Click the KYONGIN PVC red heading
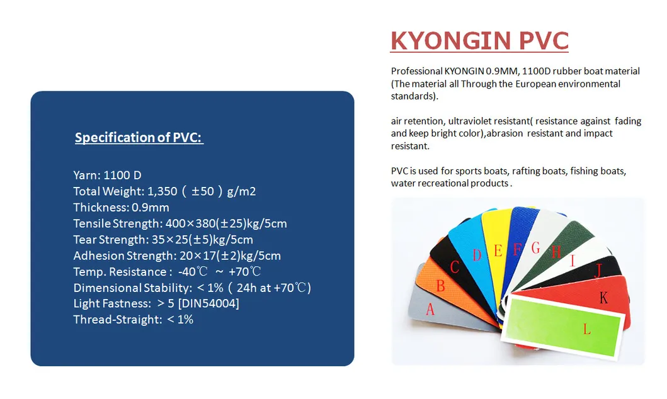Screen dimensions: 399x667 pyautogui.click(x=479, y=40)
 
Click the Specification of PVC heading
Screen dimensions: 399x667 pyautogui.click(x=139, y=137)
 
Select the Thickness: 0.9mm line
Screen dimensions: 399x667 pyautogui.click(x=121, y=207)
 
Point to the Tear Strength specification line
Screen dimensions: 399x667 pyautogui.click(x=163, y=239)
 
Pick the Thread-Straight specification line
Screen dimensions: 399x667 pyautogui.click(x=133, y=320)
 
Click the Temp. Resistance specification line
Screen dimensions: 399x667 pyautogui.click(x=167, y=272)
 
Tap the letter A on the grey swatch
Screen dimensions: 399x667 pyautogui.click(x=431, y=309)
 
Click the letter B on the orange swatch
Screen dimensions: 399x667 pyautogui.click(x=441, y=286)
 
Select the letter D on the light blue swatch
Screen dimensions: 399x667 pyautogui.click(x=477, y=256)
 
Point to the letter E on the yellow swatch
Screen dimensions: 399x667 pyautogui.click(x=498, y=251)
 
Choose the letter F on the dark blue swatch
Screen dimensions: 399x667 pyautogui.click(x=517, y=249)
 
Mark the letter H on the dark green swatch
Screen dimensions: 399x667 pyautogui.click(x=556, y=252)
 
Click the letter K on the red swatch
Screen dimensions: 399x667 pyautogui.click(x=603, y=298)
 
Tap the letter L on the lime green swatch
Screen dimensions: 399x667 pyautogui.click(x=587, y=329)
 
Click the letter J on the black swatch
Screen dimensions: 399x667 pyautogui.click(x=598, y=271)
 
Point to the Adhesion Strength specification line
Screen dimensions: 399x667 pyautogui.click(x=177, y=256)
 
